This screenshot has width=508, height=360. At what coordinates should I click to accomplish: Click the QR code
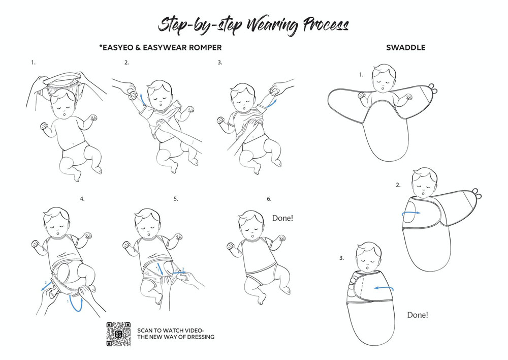click(118, 334)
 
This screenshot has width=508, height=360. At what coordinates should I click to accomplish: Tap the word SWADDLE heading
click(405, 48)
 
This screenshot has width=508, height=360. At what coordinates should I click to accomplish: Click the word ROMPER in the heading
click(205, 48)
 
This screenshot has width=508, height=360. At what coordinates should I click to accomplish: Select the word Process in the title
click(326, 24)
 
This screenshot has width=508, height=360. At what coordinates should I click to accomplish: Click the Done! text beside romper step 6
click(282, 218)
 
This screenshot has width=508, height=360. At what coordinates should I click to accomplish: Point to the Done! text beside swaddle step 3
click(418, 315)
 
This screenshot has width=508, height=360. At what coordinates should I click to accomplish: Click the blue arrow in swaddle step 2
click(411, 213)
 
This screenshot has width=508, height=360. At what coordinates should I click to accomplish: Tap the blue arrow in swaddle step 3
click(384, 288)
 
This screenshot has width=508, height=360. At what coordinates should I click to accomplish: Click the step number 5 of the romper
click(176, 199)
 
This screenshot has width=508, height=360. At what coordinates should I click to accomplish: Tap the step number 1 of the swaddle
click(361, 75)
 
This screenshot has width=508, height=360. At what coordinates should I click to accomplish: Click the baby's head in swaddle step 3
click(368, 257)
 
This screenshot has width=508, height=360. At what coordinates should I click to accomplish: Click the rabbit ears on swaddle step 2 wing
click(477, 194)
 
